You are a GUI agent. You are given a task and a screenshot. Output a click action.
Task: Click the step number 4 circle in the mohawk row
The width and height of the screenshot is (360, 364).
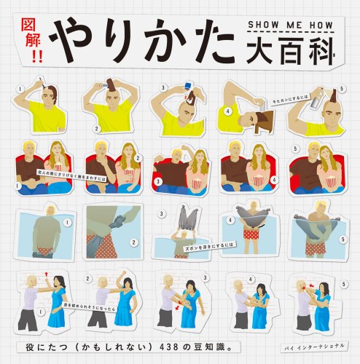[227, 111]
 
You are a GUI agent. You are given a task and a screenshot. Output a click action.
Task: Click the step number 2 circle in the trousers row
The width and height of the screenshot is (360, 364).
[133, 242]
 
